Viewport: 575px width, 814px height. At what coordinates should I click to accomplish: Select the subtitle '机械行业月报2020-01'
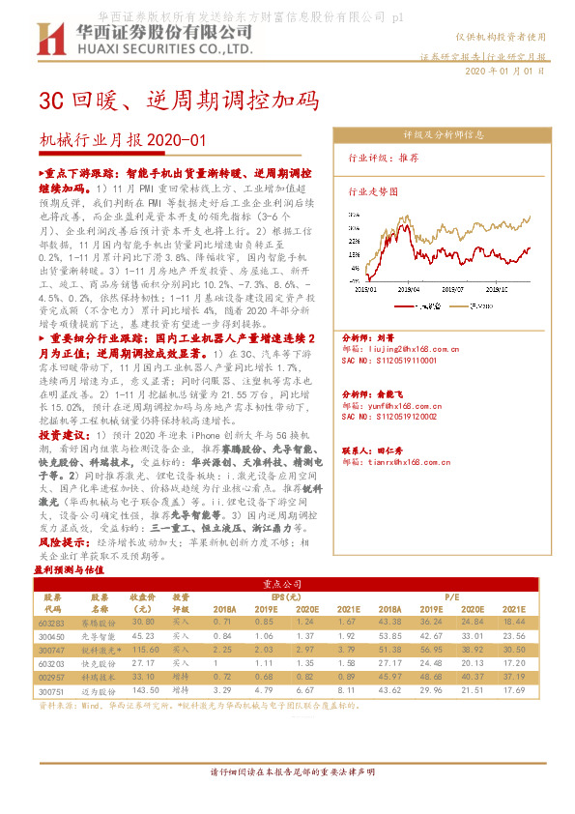[123, 141]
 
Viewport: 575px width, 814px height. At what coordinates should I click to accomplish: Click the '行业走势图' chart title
[373, 191]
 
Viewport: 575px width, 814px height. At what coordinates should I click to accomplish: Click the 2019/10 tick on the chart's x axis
[497, 287]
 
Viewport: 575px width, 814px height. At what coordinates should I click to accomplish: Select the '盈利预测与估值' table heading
[69, 570]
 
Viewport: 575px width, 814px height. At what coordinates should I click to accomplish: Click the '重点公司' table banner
[286, 585]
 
